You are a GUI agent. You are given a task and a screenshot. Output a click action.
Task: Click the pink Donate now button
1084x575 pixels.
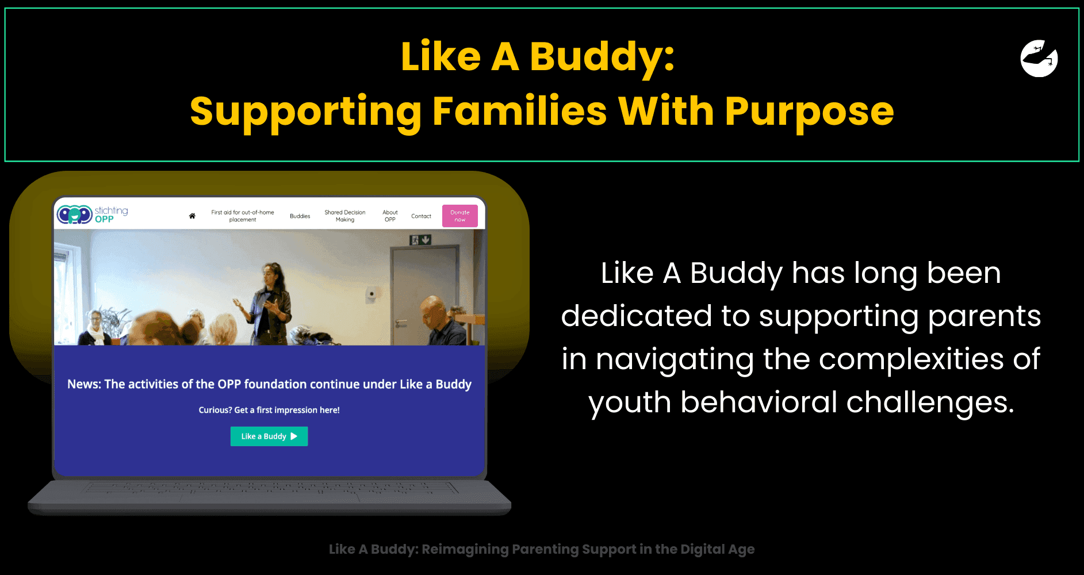coord(460,216)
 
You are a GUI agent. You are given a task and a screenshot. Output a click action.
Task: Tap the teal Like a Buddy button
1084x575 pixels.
coord(269,436)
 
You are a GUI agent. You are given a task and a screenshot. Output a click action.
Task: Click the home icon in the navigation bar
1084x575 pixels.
coord(192,216)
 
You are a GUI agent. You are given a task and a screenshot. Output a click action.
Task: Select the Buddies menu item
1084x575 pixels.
coord(300,216)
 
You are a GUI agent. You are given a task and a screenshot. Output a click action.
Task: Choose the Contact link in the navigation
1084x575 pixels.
coord(421,216)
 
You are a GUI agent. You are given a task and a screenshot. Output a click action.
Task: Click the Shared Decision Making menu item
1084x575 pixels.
coord(345,216)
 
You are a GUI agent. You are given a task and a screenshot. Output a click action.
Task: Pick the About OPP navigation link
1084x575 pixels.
coord(390,216)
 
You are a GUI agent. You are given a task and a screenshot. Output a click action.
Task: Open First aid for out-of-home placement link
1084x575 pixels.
coord(243,216)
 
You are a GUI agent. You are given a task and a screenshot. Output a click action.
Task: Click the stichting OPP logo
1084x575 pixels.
coord(92,214)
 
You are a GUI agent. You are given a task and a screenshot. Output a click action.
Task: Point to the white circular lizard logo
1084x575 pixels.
coord(1039,58)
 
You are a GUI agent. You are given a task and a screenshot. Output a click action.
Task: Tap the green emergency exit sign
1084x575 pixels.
coord(420,240)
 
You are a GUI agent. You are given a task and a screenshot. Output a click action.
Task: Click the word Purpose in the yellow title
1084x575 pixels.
coord(809,112)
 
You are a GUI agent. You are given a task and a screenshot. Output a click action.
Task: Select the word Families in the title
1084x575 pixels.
coord(519,110)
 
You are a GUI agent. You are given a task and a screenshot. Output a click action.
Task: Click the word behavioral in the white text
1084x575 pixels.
coord(759,402)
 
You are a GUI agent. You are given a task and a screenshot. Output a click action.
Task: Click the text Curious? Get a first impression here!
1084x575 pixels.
coord(269,410)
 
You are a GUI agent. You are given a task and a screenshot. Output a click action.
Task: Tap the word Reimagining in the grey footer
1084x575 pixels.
coord(465,550)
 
